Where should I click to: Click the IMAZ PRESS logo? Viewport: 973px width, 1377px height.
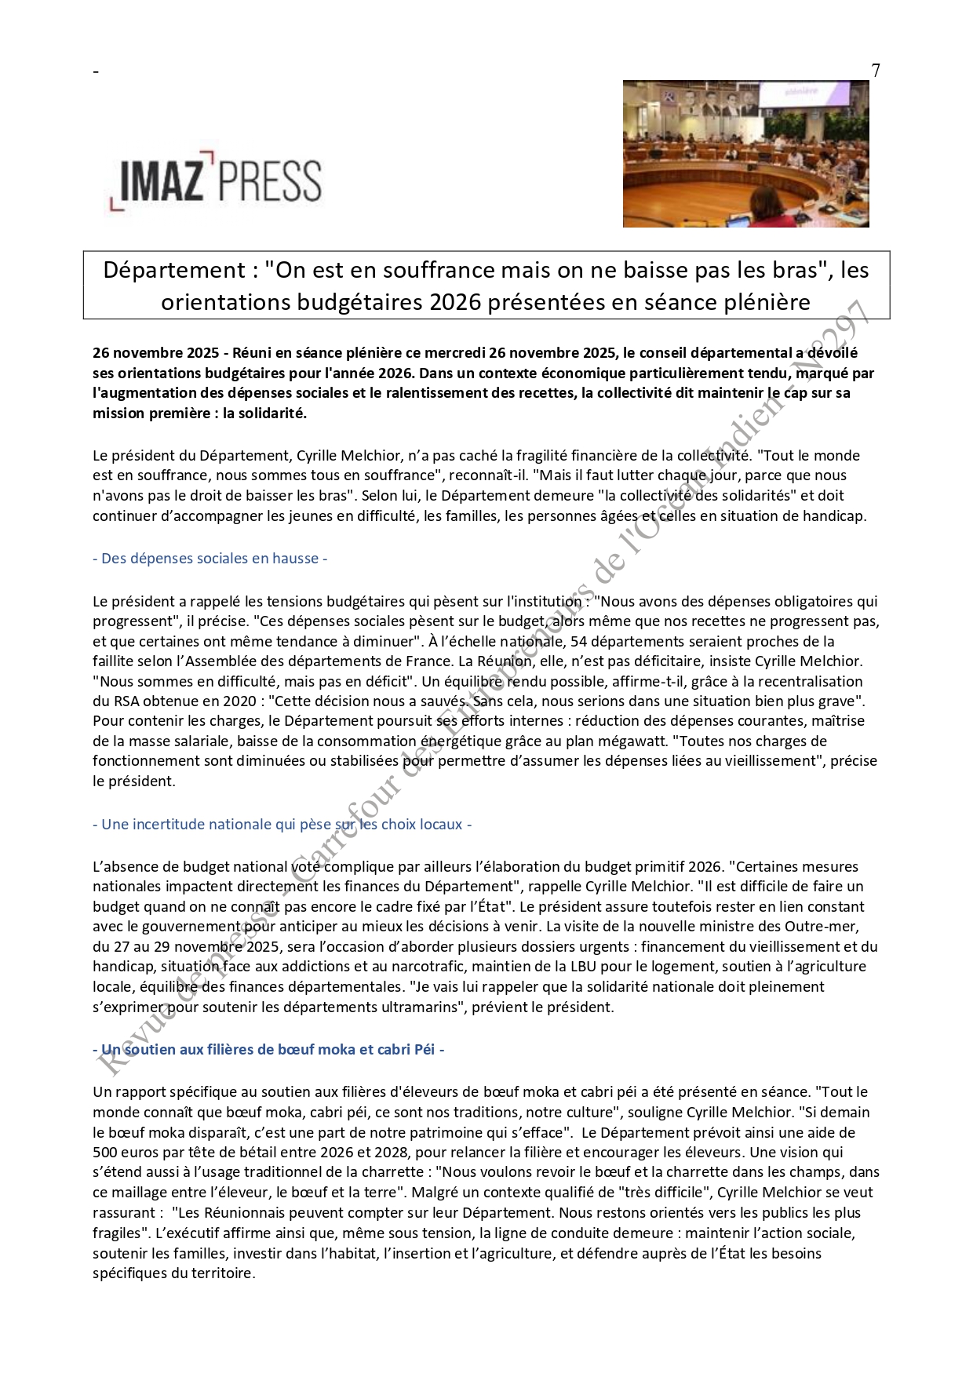click(x=214, y=182)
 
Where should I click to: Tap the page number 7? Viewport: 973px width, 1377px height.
click(x=876, y=71)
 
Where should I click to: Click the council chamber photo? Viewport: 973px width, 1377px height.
click(x=745, y=154)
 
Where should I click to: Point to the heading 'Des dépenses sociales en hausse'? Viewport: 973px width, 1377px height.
click(x=210, y=559)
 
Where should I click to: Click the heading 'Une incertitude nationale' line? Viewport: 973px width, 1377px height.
click(x=282, y=825)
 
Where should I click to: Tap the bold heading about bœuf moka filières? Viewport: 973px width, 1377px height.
click(x=268, y=1049)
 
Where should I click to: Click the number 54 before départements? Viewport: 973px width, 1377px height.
click(x=580, y=642)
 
